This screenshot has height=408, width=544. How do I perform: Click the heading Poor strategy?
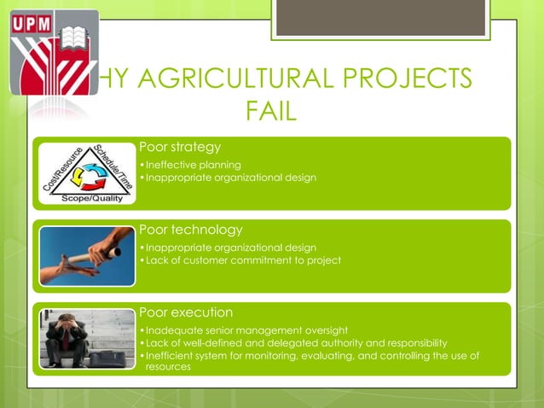click(179, 148)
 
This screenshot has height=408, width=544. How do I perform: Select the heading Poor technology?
click(190, 230)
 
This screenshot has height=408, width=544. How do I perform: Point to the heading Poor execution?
click(185, 312)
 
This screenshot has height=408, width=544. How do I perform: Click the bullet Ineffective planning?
click(193, 165)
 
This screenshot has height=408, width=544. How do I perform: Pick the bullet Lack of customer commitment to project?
click(243, 259)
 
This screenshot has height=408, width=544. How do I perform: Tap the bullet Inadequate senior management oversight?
click(247, 329)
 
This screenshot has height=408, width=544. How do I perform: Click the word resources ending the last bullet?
click(168, 366)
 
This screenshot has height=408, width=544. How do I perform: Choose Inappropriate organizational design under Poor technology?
click(231, 248)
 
